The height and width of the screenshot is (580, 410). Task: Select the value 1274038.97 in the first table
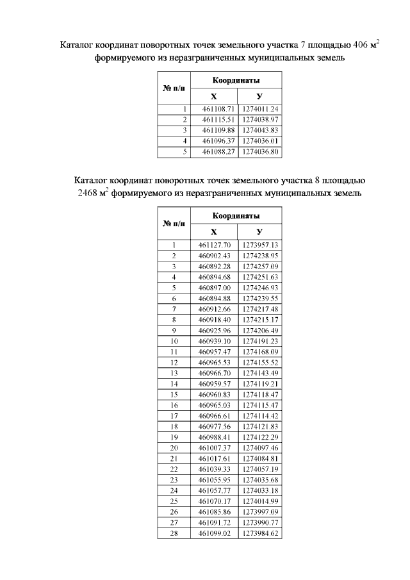tap(260, 119)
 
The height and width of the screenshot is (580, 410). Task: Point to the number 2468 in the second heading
tap(89, 192)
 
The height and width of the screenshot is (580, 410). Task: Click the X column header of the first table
tap(213, 95)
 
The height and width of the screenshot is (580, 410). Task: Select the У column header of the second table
tap(259, 231)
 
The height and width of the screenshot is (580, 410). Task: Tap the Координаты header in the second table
tap(236, 216)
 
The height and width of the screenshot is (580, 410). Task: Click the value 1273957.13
tap(259, 245)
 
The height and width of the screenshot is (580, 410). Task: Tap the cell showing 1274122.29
tap(259, 437)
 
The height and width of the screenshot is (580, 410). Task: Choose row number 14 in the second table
tap(174, 383)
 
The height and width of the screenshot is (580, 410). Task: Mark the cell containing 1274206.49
tap(259, 330)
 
